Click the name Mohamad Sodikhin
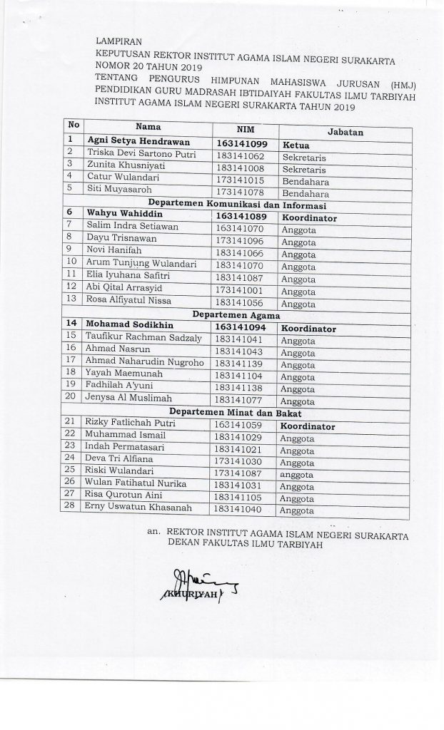126,325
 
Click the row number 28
71,508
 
